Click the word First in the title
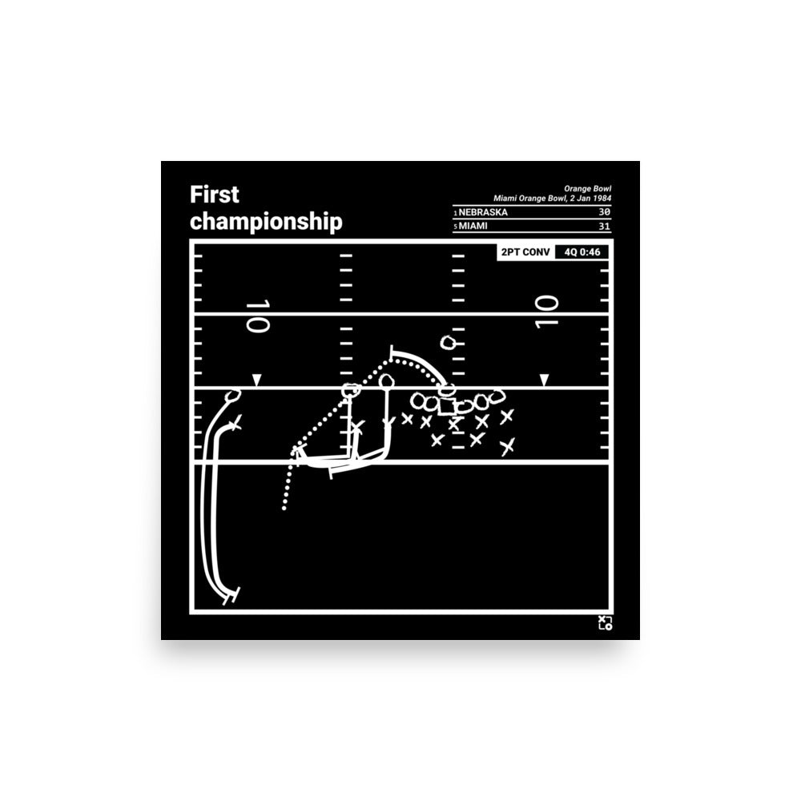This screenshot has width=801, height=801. coord(214,195)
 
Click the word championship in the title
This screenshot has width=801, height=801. coord(266,222)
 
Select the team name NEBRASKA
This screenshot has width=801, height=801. coord(483,212)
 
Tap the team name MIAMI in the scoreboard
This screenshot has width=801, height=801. coord(473,226)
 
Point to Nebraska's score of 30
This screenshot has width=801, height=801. coord(604,212)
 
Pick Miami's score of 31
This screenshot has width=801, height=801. coord(604,226)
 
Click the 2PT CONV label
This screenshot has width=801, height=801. coord(525,252)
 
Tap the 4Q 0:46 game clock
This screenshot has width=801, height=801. coord(582,252)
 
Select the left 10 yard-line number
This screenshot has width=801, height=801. coord(257,316)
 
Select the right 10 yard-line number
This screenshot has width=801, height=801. coord(546,312)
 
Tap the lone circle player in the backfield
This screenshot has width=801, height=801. coord(449,342)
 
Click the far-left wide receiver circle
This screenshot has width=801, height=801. coord(233,396)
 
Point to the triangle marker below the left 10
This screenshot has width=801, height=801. coord(257,380)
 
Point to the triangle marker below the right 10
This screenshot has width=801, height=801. coord(545,380)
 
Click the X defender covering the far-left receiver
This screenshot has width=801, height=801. coord(235,424)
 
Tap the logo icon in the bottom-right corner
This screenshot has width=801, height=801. coord(606,622)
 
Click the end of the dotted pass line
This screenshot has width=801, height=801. coord(284,509)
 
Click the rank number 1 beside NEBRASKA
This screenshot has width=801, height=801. coord(455,213)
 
